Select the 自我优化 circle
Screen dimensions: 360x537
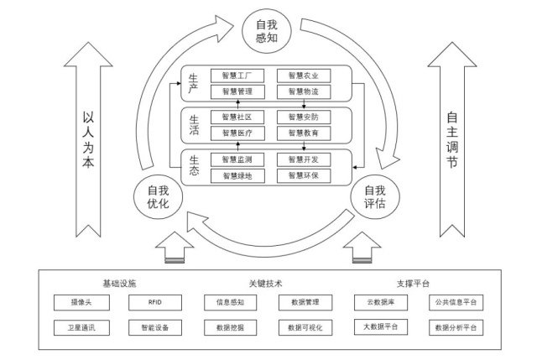click(158, 198)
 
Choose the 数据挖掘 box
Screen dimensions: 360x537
click(230, 326)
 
